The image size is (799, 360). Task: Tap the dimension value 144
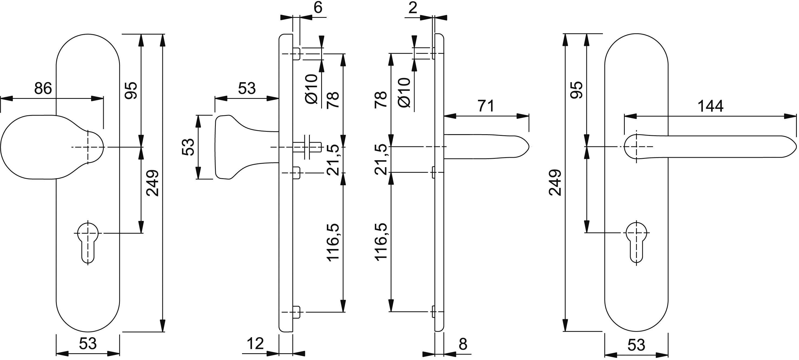click(710, 106)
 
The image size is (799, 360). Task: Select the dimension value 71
click(486, 106)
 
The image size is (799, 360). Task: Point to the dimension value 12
click(255, 343)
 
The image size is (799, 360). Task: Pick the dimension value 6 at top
click(318, 8)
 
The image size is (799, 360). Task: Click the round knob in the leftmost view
click(52, 147)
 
